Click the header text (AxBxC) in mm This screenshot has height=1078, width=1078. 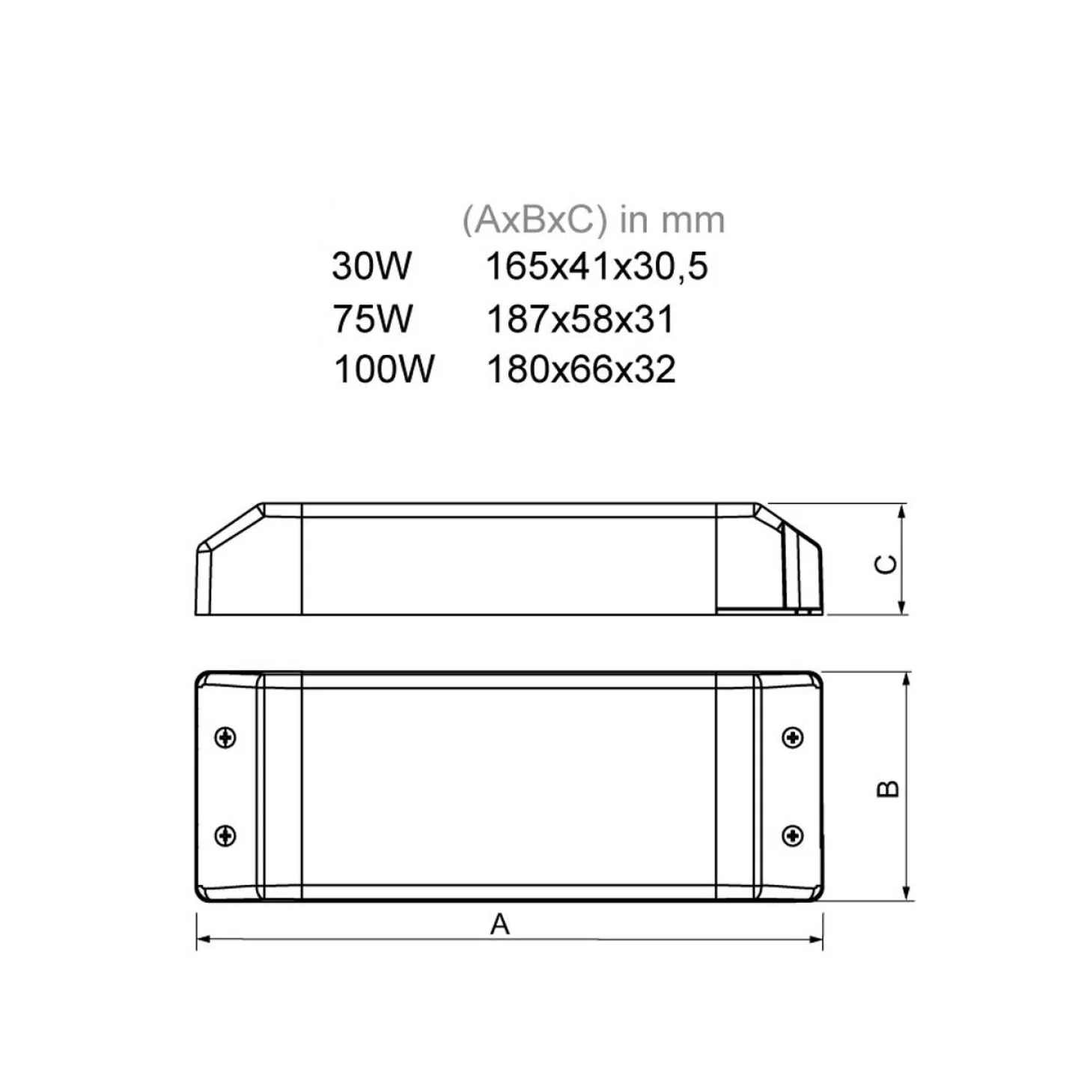coord(593,220)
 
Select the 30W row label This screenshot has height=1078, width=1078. coord(371,266)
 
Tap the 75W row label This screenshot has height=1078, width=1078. coord(372,319)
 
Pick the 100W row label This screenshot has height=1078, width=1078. coord(383,369)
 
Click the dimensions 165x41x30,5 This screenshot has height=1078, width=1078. coord(596,267)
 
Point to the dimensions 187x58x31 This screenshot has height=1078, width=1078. coord(580,319)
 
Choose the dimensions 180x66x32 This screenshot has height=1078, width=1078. coord(581,369)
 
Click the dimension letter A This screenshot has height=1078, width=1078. coord(499,925)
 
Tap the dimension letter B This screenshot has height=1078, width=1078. coord(887,788)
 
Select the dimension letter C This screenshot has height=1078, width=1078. coord(886,564)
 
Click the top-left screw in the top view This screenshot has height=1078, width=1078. coord(225,737)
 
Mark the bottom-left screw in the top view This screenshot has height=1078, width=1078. coord(225,835)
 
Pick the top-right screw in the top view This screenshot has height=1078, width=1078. coord(792,737)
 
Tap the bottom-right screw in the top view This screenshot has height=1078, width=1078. coord(792,835)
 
